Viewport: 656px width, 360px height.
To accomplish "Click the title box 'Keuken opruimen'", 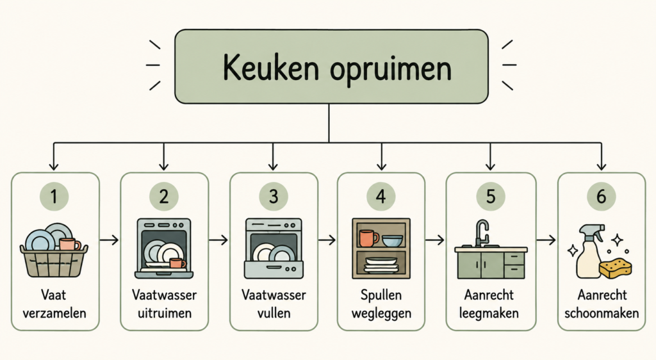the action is coord(331,67).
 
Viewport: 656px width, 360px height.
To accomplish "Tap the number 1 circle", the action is coord(54,196).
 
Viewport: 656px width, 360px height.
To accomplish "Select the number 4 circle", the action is coord(381,196).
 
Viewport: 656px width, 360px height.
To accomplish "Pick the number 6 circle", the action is coord(601,196).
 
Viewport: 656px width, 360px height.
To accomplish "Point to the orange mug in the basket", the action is coord(69,244).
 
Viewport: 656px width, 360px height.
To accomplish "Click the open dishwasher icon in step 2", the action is coord(164,249).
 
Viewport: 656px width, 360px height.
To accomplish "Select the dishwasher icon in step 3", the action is coord(274,249).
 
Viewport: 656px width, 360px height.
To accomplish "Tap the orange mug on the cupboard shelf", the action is coord(368,238).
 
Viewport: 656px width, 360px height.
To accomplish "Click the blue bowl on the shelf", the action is coord(393,241).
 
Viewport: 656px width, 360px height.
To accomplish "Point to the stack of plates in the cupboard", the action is coord(381,265).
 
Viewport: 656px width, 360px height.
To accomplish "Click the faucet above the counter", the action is coord(482,233).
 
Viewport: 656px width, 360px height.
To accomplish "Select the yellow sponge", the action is coord(616,268).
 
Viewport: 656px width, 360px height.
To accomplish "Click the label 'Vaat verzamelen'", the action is coord(54,304).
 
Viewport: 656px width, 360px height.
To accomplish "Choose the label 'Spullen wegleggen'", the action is coord(381,304).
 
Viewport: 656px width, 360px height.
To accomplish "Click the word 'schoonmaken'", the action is coord(601,313).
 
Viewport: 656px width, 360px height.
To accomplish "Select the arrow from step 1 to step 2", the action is coord(110,240).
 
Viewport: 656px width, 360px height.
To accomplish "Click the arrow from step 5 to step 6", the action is coord(546,240).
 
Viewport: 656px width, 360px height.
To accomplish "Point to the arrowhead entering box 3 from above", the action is coord(273,166).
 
